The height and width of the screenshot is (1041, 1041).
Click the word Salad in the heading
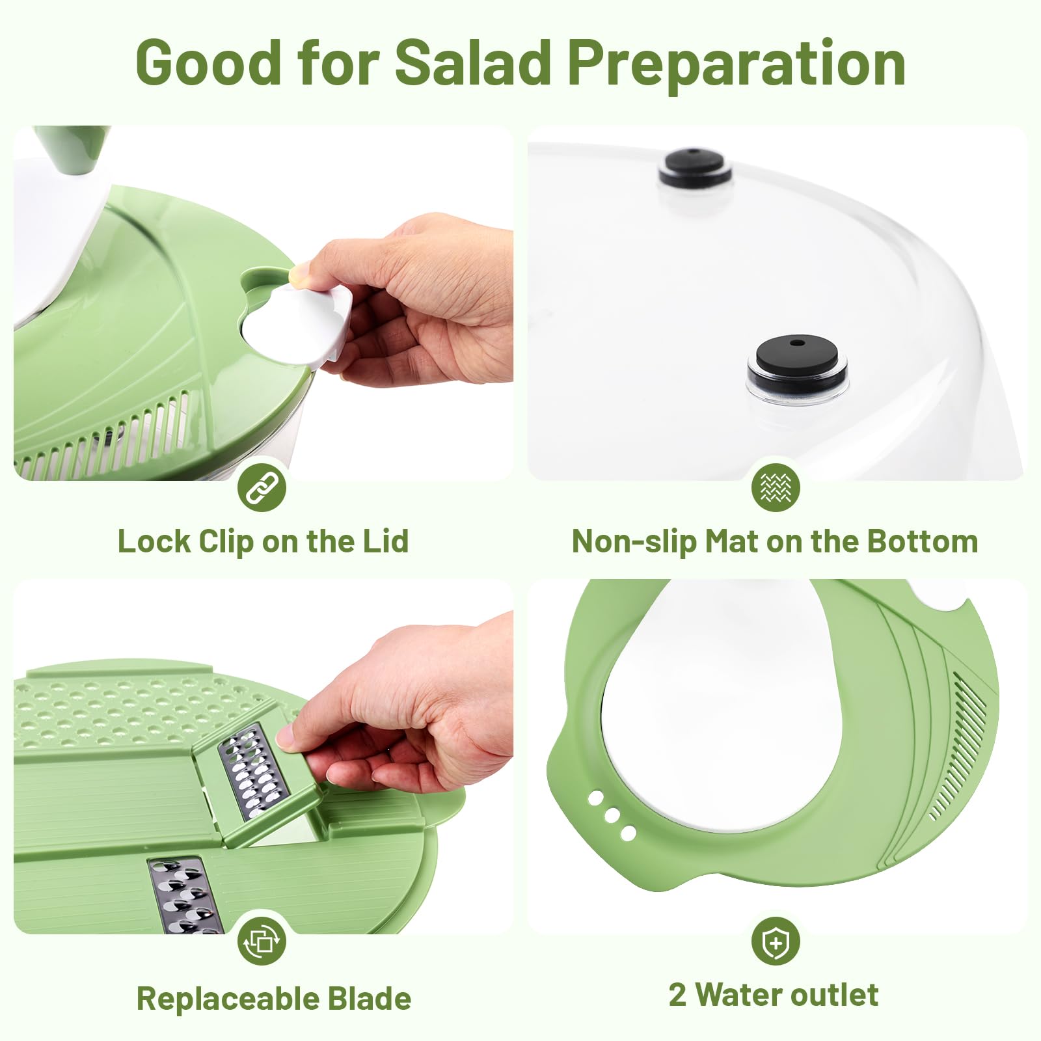coord(473,63)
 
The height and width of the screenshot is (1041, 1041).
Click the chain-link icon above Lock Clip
coord(262,488)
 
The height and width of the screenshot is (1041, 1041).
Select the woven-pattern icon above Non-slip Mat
coord(776,487)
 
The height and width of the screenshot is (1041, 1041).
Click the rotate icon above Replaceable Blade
coord(262,941)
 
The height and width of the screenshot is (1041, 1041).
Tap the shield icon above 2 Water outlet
coord(776,941)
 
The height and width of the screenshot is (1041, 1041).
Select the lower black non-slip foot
coord(798,358)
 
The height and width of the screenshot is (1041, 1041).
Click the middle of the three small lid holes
coord(612,816)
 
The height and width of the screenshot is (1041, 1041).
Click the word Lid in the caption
coord(385,541)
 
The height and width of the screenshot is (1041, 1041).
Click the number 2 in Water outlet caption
coord(677,995)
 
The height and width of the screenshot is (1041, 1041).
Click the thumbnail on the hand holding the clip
coord(300,274)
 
